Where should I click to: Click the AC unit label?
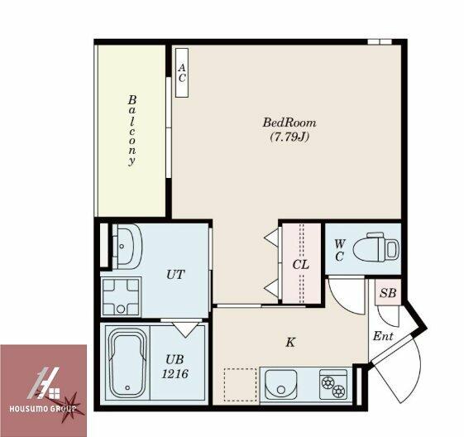(x=182, y=73)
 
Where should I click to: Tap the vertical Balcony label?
(x=132, y=130)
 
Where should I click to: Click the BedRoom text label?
(x=289, y=122)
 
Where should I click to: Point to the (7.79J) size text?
(x=289, y=137)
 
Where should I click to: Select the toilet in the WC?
(x=376, y=247)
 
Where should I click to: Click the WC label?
(x=339, y=251)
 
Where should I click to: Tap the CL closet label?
(x=301, y=264)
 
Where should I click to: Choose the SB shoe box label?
(x=388, y=293)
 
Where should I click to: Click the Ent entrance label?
(x=383, y=336)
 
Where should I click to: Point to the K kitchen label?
(x=290, y=343)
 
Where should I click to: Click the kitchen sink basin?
(x=281, y=384)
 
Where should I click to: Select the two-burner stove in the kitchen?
(x=333, y=384)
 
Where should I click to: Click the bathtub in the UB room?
(x=127, y=363)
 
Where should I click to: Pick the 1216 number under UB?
(x=175, y=374)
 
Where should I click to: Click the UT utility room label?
(x=175, y=275)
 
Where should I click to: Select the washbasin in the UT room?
(x=127, y=247)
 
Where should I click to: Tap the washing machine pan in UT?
(x=121, y=297)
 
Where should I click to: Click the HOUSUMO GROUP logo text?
(x=42, y=409)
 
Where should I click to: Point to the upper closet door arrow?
(x=271, y=238)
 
